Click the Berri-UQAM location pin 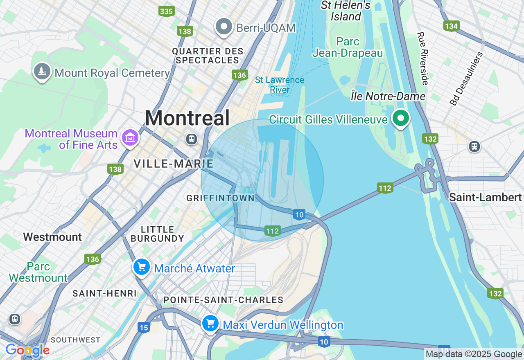click(224, 27)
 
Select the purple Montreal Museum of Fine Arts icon click(130, 137)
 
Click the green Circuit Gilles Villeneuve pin click(401, 118)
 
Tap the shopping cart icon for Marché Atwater click(142, 268)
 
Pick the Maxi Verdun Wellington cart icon click(210, 324)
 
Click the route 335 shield click(167, 11)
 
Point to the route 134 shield click(451, 26)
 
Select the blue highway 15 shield click(143, 327)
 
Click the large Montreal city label click(187, 119)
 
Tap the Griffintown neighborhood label click(221, 198)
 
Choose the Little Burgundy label click(157, 234)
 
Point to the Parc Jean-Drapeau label click(348, 47)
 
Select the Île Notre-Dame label click(388, 97)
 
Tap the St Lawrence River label click(280, 85)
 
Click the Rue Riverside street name click(422, 59)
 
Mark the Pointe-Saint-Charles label click(223, 300)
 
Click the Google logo click(27, 351)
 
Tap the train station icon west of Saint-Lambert click(474, 146)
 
